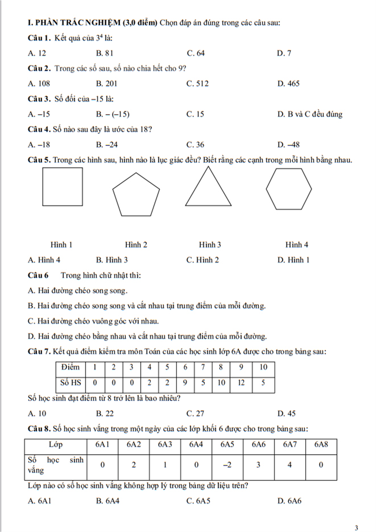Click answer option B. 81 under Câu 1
pyautogui.click(x=105, y=53)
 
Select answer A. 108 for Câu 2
pyautogui.click(x=39, y=84)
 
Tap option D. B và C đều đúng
pyautogui.click(x=310, y=114)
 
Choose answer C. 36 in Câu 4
pyautogui.click(x=195, y=145)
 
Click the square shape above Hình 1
pyautogui.click(x=62, y=187)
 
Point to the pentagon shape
pyautogui.click(x=136, y=195)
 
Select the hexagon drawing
pyautogui.click(x=289, y=189)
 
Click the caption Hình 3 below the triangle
pyautogui.click(x=210, y=245)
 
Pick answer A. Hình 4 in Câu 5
pyautogui.click(x=44, y=260)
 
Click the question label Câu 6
pyautogui.click(x=38, y=276)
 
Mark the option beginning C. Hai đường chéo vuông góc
pyautogui.click(x=93, y=321)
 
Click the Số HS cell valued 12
pyautogui.click(x=241, y=383)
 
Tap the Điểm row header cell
pyautogui.click(x=70, y=367)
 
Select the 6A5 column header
pyautogui.click(x=227, y=445)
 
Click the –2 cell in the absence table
pyautogui.click(x=227, y=465)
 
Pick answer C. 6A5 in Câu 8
pyautogui.click(x=198, y=501)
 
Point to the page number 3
pyautogui.click(x=356, y=528)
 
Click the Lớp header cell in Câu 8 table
pyautogui.click(x=56, y=445)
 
